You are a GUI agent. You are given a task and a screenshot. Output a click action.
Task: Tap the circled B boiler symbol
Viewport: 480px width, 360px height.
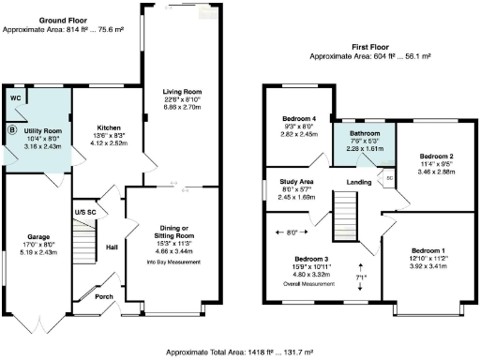(x=13, y=130)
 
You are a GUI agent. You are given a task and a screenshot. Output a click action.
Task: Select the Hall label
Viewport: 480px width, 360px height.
(x=112, y=247)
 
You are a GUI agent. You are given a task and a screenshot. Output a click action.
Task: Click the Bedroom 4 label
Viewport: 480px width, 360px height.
(x=300, y=119)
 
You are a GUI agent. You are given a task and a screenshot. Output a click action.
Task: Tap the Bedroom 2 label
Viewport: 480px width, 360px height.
(x=437, y=156)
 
